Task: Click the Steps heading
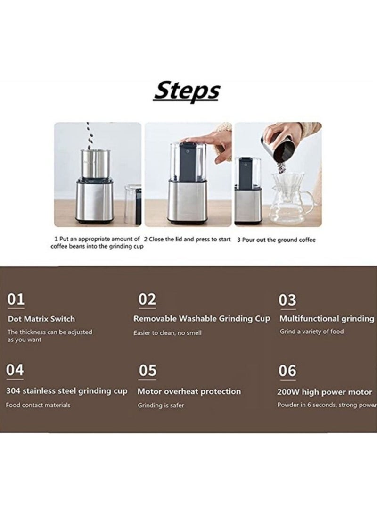187,91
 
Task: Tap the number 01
16,299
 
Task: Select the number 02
147,299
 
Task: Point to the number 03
287,300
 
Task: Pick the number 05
148,371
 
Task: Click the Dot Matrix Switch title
41,319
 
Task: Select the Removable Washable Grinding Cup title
202,319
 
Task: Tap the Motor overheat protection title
189,391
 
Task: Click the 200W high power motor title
325,392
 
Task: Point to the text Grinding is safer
161,406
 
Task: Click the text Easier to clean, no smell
167,333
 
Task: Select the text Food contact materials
38,405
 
